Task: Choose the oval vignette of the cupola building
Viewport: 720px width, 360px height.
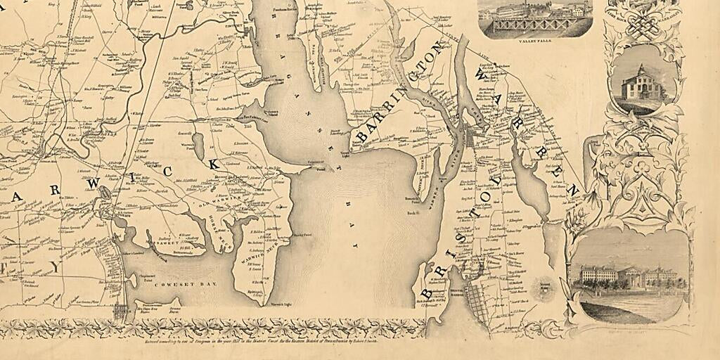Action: (643, 81)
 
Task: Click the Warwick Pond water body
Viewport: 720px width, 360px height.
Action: (199, 146)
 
